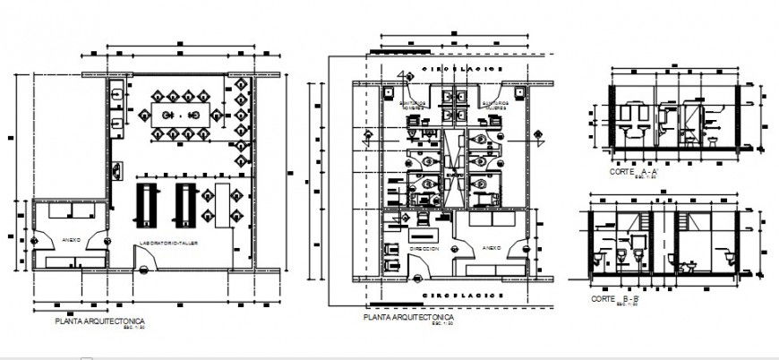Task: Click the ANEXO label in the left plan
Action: [x=73, y=240]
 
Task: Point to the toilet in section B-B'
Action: [x=688, y=265]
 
